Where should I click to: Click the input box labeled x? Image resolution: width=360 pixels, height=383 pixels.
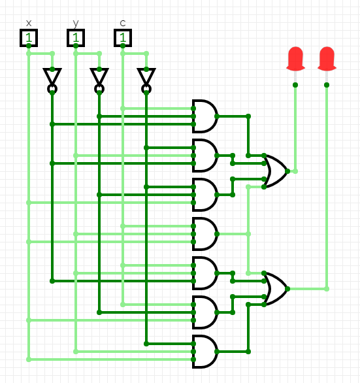coord(29,38)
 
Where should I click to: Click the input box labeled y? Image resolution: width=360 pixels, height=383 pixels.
coord(76,38)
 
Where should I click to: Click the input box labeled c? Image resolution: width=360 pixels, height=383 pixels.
coord(123,38)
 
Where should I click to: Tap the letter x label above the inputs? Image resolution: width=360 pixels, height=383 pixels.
coord(29,24)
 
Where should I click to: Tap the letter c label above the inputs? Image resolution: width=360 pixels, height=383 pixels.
coord(123,24)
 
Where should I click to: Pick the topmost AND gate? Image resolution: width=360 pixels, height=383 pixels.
coord(205,116)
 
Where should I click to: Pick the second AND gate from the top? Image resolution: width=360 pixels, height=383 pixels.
coord(205,156)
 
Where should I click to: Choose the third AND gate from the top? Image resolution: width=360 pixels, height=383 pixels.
coord(205,195)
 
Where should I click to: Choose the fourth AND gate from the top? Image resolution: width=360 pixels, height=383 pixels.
coord(205,234)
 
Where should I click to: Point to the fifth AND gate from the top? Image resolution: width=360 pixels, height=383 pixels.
coord(205,273)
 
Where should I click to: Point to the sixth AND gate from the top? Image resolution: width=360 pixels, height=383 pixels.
coord(205,312)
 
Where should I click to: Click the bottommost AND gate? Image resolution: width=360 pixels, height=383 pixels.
coord(205,352)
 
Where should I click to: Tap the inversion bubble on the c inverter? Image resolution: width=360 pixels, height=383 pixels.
coord(146,89)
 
